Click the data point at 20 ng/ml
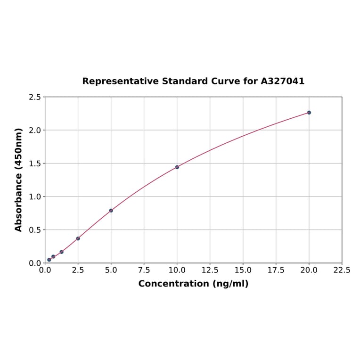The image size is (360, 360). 309,113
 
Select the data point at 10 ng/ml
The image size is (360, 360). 177,167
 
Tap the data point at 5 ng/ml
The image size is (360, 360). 111,211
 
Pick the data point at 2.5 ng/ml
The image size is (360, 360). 78,238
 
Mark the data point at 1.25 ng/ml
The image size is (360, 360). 62,252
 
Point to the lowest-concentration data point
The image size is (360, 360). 49,260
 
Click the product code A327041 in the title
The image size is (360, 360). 283,81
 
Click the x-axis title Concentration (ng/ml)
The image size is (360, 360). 193,284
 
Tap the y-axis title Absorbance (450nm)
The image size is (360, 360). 19,180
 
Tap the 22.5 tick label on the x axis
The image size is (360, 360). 342,270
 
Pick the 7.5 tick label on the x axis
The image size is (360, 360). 144,270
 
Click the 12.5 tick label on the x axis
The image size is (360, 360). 210,270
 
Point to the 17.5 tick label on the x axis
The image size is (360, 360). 276,270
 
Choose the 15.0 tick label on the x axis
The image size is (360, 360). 243,270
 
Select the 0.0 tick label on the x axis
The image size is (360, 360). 45,270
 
